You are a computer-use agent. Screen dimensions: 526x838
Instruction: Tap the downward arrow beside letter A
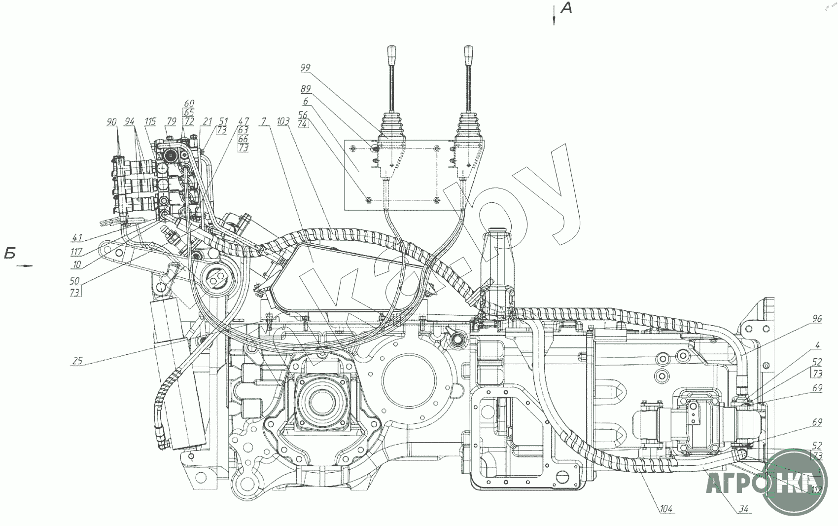(x=555, y=15)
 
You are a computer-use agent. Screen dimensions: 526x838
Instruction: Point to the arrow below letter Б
(x=25, y=266)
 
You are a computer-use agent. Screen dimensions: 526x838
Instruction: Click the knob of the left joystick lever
(x=392, y=52)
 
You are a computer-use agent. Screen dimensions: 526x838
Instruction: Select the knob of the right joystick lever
(x=467, y=52)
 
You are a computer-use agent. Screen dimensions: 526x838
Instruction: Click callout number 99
(x=305, y=67)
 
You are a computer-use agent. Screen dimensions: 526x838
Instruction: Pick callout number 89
(x=305, y=90)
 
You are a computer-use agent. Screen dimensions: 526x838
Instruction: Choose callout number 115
(x=150, y=121)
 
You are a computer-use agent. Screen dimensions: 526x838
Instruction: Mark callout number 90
(x=111, y=121)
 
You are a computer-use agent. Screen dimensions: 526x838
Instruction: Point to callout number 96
(x=817, y=319)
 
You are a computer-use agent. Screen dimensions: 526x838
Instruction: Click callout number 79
(x=171, y=121)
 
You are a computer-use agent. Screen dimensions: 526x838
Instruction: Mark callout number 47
(x=244, y=121)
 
